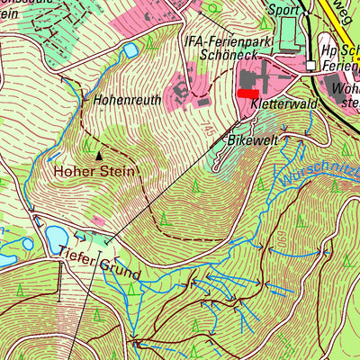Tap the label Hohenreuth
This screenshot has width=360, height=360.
[127, 101]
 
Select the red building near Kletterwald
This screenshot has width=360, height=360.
[247, 92]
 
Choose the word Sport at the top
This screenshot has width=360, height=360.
[283, 11]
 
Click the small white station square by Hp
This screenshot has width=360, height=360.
[310, 66]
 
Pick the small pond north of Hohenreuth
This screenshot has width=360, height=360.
[130, 50]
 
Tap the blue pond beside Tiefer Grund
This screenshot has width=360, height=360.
[56, 237]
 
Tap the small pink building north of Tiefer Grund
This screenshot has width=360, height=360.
[96, 220]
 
